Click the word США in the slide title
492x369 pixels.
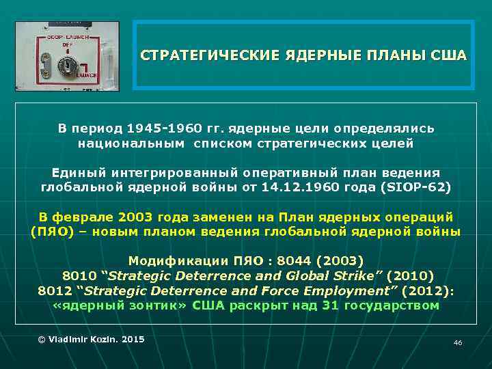tap(449, 55)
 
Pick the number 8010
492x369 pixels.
tap(79, 276)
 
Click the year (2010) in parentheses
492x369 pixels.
tap(410, 276)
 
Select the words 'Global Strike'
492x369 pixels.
tap(337, 276)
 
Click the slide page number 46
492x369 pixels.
tap(458, 342)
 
